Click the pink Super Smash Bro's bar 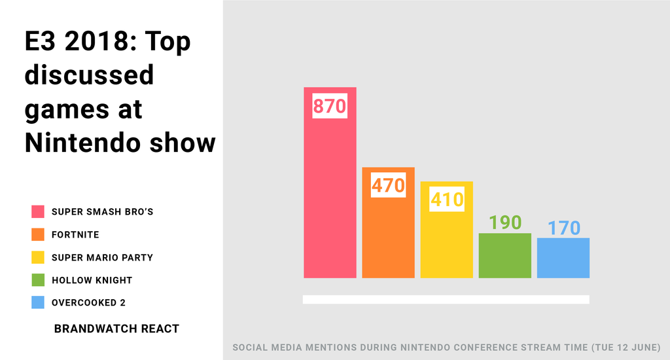330,196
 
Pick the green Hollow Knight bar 504,255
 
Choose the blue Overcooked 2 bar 563,258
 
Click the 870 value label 329,106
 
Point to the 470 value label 388,186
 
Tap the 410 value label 447,200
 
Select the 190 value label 505,223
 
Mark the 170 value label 563,228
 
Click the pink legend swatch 38,211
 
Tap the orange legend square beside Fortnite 38,234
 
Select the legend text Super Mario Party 102,257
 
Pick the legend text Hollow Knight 92,280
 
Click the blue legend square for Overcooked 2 38,302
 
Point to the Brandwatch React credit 116,329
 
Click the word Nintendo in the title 80,143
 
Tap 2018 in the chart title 89,42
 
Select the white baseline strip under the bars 446,299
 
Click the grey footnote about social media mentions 447,347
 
